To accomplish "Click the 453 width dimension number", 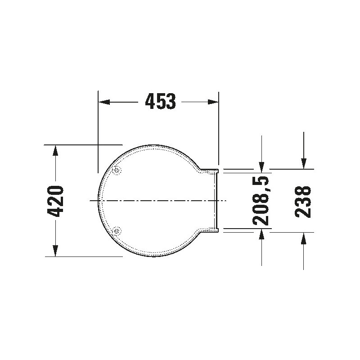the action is coord(161,101).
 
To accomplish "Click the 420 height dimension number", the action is coord(55,201).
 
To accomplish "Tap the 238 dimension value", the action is coord(303,202).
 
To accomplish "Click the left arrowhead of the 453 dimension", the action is coord(104,102).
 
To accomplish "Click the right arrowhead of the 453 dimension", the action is coord(213,102).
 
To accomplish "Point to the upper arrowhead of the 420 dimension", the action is coord(55,150).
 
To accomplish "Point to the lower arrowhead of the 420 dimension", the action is coord(55,251).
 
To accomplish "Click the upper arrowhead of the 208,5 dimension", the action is coord(261,167).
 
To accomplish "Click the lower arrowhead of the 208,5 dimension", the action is coord(261,234).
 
